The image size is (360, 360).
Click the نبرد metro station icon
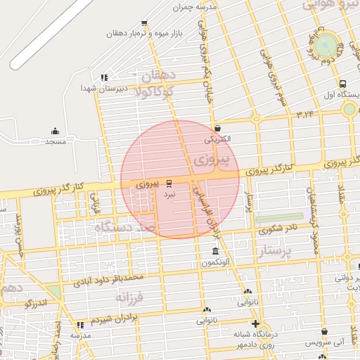[169, 182]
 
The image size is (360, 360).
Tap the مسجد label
[55, 142]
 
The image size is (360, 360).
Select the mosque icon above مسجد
[55, 131]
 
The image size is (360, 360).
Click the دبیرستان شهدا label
[97, 88]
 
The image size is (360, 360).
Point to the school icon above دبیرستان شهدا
[104, 77]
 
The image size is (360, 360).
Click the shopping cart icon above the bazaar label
[144, 23]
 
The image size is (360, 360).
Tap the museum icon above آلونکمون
[215, 252]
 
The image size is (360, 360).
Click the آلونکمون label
[215, 262]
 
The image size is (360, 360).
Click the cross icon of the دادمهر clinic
[255, 323]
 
